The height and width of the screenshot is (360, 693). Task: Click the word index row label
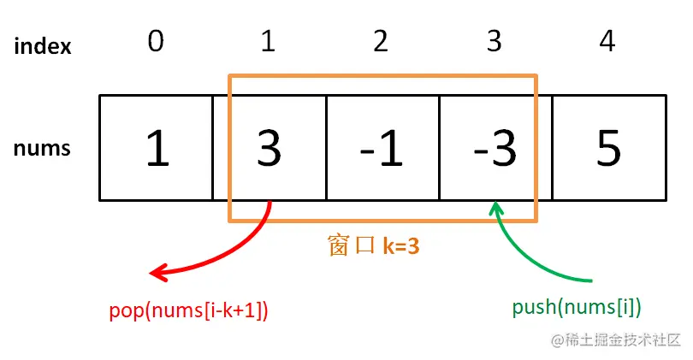click(43, 46)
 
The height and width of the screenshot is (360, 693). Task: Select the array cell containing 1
click(156, 148)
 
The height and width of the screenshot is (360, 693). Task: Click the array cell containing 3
click(269, 148)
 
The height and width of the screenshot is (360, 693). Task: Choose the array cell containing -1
click(382, 148)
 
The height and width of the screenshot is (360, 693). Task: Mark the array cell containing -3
click(495, 148)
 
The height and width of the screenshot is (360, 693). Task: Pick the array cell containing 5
click(608, 148)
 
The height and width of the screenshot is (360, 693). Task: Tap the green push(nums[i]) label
click(577, 308)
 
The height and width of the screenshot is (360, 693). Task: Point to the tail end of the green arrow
click(590, 280)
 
